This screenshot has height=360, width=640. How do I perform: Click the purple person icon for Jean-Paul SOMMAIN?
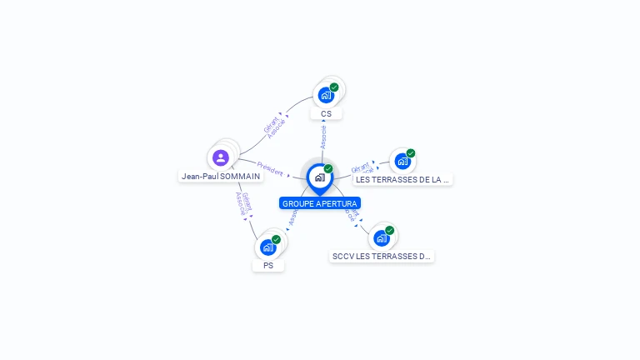(x=220, y=157)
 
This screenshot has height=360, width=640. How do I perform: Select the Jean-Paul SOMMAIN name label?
(x=221, y=177)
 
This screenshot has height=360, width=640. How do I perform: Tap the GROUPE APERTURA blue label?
(x=320, y=203)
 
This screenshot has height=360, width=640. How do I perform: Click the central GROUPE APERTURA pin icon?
(x=319, y=177)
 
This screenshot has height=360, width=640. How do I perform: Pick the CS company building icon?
(x=326, y=95)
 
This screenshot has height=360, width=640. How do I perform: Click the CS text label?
(x=326, y=114)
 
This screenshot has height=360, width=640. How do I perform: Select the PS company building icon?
(x=268, y=247)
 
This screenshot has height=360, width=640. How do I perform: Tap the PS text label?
(x=268, y=266)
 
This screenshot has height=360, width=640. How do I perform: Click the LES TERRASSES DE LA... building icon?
(x=402, y=161)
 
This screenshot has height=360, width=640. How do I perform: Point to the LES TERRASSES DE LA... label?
(x=402, y=179)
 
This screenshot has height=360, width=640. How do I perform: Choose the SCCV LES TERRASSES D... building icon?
(x=382, y=238)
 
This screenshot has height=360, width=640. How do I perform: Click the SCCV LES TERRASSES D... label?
(x=382, y=257)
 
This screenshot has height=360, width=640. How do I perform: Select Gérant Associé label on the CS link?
(x=274, y=126)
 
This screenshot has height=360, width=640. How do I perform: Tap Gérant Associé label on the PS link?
(x=242, y=204)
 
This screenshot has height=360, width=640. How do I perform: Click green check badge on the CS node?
(x=334, y=87)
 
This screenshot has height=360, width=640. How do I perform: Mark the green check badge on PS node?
(x=276, y=240)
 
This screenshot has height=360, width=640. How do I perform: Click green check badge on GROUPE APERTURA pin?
(x=328, y=169)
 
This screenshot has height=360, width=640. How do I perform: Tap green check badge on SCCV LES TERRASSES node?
(x=389, y=230)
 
